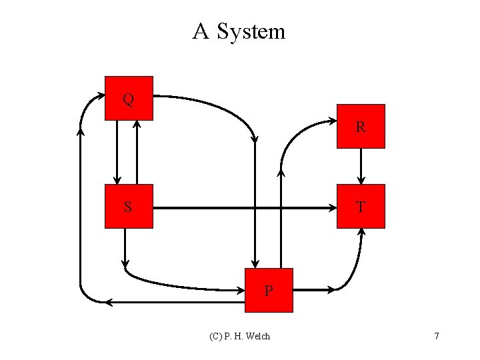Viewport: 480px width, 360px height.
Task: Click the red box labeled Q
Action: point(129,98)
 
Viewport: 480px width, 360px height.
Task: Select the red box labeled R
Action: point(361,126)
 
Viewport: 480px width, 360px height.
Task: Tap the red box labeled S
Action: point(129,206)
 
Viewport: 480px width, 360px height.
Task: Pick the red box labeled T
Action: point(361,206)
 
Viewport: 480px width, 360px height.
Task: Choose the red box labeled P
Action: point(269,290)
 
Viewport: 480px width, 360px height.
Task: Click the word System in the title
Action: point(250,31)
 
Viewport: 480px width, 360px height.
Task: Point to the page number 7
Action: point(436,336)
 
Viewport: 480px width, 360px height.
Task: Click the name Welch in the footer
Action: point(257,336)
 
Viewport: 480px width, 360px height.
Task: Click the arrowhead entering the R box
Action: point(333,121)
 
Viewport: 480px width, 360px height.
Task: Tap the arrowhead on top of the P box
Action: point(255,263)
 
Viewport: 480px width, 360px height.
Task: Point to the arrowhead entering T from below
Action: point(362,232)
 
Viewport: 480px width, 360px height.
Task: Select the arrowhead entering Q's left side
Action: point(101,96)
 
